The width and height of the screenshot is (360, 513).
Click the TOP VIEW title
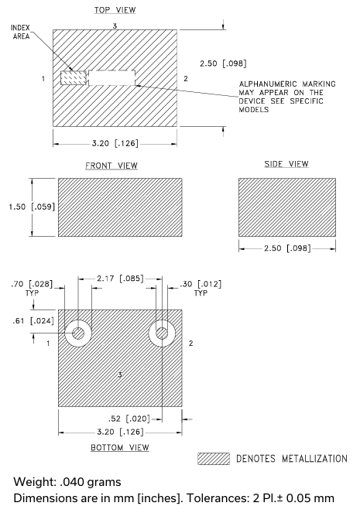[115, 10]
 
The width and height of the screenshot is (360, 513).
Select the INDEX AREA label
[21, 32]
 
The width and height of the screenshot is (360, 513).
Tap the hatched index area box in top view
[74, 78]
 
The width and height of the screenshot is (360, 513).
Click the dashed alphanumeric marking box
[112, 78]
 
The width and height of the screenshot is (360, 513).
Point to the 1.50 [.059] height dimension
[32, 207]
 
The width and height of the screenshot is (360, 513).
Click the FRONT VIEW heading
[111, 166]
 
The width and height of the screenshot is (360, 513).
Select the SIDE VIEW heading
[286, 164]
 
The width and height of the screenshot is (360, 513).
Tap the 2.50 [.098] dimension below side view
[287, 248]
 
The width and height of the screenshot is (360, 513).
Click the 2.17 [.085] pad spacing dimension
[120, 279]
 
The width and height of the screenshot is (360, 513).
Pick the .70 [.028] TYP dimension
[32, 288]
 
